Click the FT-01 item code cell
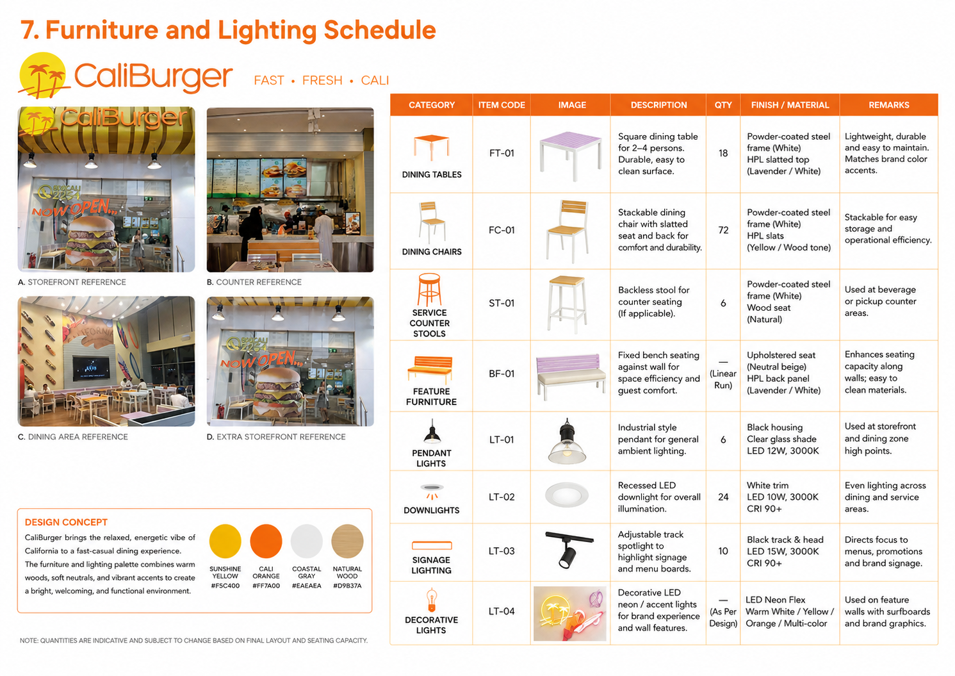(502, 153)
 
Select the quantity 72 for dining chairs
(723, 230)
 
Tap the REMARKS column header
(889, 105)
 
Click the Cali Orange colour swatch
(266, 541)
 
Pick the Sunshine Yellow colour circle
(225, 541)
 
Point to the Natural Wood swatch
(347, 541)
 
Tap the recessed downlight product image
(567, 495)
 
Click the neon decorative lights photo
(570, 613)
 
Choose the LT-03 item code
(502, 551)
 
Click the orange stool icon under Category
(429, 290)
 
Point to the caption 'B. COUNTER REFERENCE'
(254, 283)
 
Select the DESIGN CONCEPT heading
(66, 522)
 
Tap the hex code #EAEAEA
(307, 586)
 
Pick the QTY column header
(723, 105)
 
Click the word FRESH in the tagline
(322, 80)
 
